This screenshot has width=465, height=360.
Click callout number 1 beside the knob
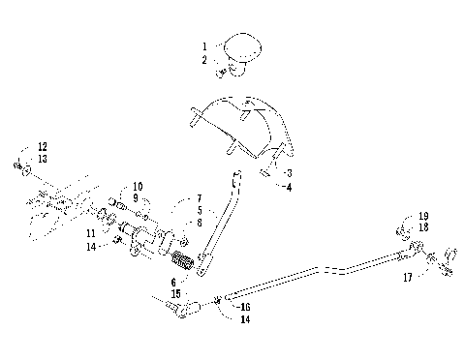[204, 46]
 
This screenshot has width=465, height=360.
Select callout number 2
[204, 60]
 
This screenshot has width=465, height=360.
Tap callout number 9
[137, 197]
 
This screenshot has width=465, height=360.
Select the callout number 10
[137, 185]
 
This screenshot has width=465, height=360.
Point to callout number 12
[42, 146]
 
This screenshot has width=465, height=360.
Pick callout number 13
[42, 159]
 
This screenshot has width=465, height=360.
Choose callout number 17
[406, 276]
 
